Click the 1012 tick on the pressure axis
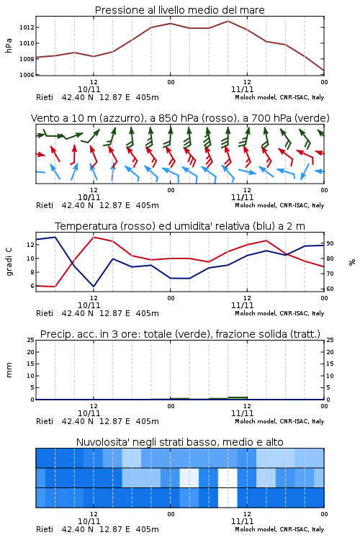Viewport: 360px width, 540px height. tap(27, 27)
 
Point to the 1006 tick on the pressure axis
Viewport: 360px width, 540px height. tap(27, 75)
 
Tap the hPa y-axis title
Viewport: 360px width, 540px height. tap(9, 45)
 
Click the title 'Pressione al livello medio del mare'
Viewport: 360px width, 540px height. tap(180, 10)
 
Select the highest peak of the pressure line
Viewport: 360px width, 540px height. tap(228, 21)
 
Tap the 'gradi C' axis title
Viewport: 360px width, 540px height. tap(9, 262)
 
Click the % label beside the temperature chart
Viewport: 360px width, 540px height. tap(352, 262)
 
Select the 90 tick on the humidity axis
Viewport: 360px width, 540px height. tap(330, 243)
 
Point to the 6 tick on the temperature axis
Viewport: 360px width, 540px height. tap(32, 286)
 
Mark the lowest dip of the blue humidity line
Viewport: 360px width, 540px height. tap(94, 287)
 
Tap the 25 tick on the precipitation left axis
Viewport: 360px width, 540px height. tap(31, 340)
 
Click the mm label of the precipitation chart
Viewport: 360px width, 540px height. tap(9, 370)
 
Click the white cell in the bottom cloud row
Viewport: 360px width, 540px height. tap(228, 498)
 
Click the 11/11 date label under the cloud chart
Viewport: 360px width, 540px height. tap(242, 521)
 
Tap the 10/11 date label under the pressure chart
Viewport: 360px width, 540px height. tap(89, 89)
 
